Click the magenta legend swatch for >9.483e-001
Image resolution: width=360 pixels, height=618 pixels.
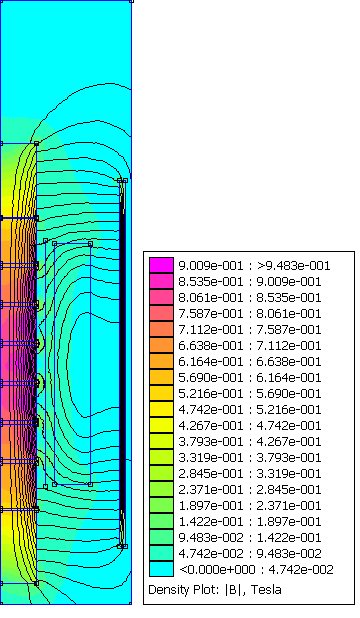tap(161, 265)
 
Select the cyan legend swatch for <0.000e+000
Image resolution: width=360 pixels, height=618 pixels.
tap(161, 569)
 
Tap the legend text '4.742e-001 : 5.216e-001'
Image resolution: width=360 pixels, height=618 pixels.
tap(250, 410)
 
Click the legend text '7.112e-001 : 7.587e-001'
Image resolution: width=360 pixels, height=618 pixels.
tap(250, 329)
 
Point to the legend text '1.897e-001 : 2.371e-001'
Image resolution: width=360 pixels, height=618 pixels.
tap(250, 505)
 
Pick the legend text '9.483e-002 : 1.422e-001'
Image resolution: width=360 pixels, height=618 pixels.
tap(250, 537)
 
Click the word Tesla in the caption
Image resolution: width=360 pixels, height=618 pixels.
tap(266, 590)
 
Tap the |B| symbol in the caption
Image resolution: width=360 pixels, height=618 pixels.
tap(235, 590)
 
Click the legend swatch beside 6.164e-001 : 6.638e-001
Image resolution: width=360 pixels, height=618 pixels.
tap(161, 361)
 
